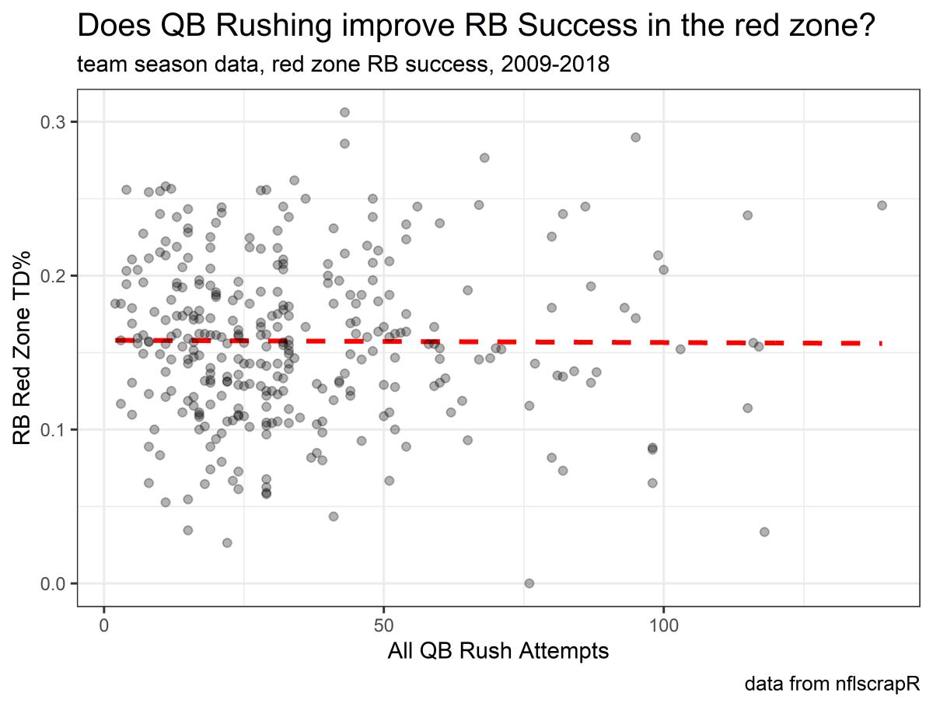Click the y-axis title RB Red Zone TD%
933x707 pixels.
coord(24,349)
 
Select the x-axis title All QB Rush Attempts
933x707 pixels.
coord(498,652)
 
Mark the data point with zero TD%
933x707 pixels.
coord(529,583)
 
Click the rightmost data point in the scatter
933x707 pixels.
coord(882,205)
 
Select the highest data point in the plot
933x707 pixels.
coord(344,112)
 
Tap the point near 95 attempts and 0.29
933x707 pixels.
coord(635,137)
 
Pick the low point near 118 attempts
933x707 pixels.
coord(764,532)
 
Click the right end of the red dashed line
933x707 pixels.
coord(880,343)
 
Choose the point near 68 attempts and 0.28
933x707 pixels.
coord(484,157)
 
